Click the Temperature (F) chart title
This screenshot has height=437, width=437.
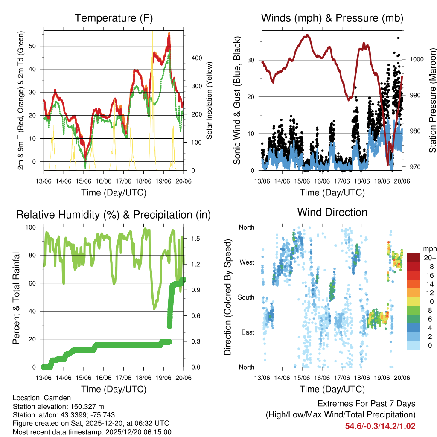point(113,18)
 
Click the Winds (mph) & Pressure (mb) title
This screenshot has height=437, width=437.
point(332,18)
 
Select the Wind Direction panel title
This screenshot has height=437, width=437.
point(332,212)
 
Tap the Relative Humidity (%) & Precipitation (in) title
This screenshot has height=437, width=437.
point(113,215)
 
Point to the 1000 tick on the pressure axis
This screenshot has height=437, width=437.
point(416,60)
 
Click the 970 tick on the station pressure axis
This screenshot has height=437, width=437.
point(414,167)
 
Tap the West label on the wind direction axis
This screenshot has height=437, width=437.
point(246,262)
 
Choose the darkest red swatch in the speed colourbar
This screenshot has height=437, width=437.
point(414,258)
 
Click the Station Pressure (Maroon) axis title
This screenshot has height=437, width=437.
point(432,100)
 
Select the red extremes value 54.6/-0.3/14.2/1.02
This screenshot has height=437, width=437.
point(380,426)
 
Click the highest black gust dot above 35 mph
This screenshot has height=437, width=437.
point(399,38)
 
